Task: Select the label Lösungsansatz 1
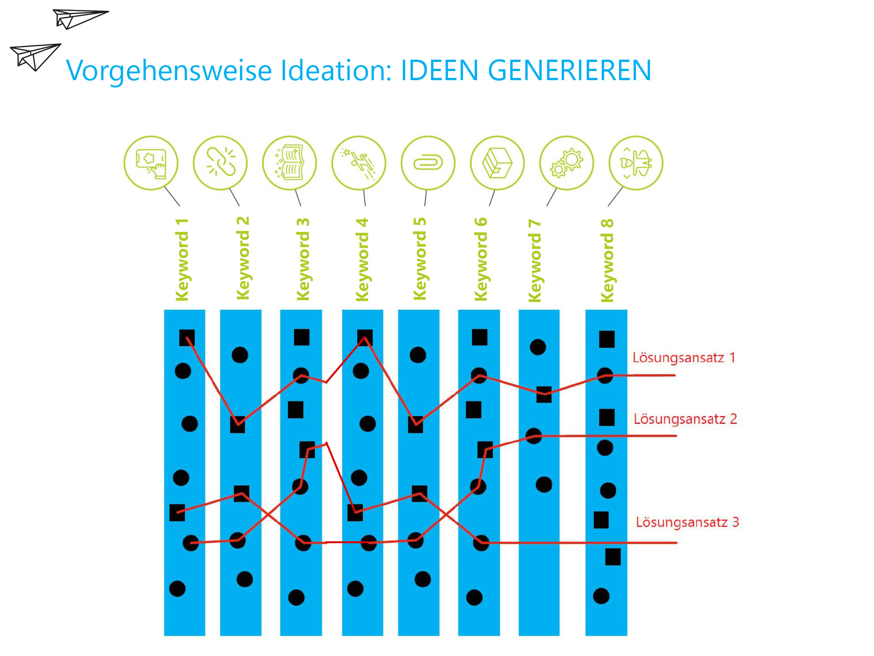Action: [x=684, y=358]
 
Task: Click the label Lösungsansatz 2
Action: [x=685, y=419]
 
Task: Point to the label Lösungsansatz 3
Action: [x=687, y=522]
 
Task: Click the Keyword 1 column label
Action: [x=182, y=260]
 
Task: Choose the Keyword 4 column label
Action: [x=362, y=260]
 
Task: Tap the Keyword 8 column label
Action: [x=607, y=261]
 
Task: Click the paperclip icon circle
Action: [x=428, y=163]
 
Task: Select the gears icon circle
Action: [x=566, y=163]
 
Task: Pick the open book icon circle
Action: [x=290, y=163]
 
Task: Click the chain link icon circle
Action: [x=220, y=163]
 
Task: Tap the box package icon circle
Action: [x=497, y=163]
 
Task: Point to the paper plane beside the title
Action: [x=35, y=57]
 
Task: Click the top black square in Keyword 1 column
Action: [x=187, y=338]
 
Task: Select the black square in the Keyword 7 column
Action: [x=544, y=395]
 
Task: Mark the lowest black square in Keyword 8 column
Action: [x=613, y=557]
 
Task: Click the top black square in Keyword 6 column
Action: [x=479, y=337]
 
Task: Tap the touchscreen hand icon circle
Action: [x=151, y=163]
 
